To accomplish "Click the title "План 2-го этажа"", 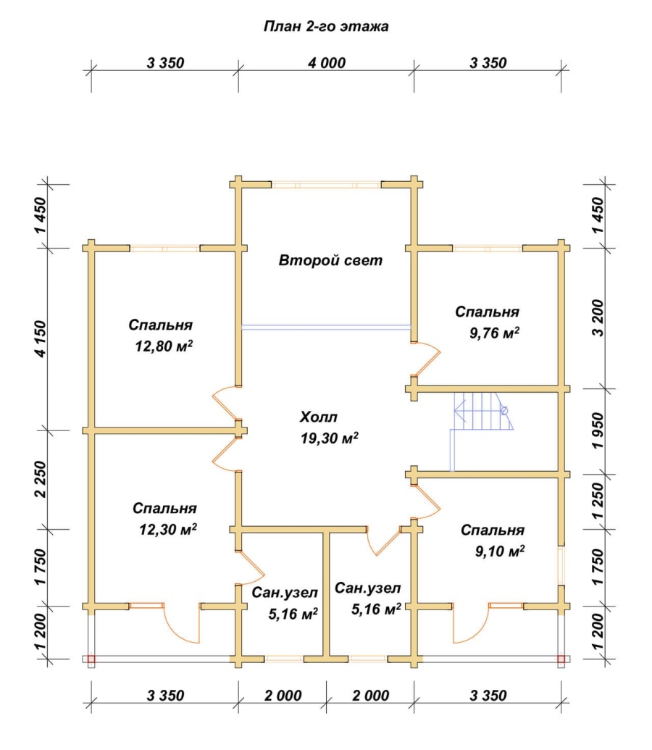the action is [326, 26].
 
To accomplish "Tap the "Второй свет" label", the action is [330, 260].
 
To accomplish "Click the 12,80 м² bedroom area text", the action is [164, 346].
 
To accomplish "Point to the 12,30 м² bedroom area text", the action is [168, 529].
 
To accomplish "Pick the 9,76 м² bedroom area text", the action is [494, 333].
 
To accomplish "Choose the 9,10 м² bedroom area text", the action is [499, 551].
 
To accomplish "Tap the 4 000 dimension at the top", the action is [327, 62].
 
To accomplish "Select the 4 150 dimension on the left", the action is [41, 338].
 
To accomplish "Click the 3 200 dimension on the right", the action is [598, 318].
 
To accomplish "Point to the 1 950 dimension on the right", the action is [598, 431].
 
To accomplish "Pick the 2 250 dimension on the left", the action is [41, 479].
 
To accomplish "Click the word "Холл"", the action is [319, 417].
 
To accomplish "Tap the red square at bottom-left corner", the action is [91, 659].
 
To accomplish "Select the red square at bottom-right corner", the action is [561, 659].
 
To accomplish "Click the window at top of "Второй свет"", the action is [326, 184].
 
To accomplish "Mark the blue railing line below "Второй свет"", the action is [326, 328].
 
